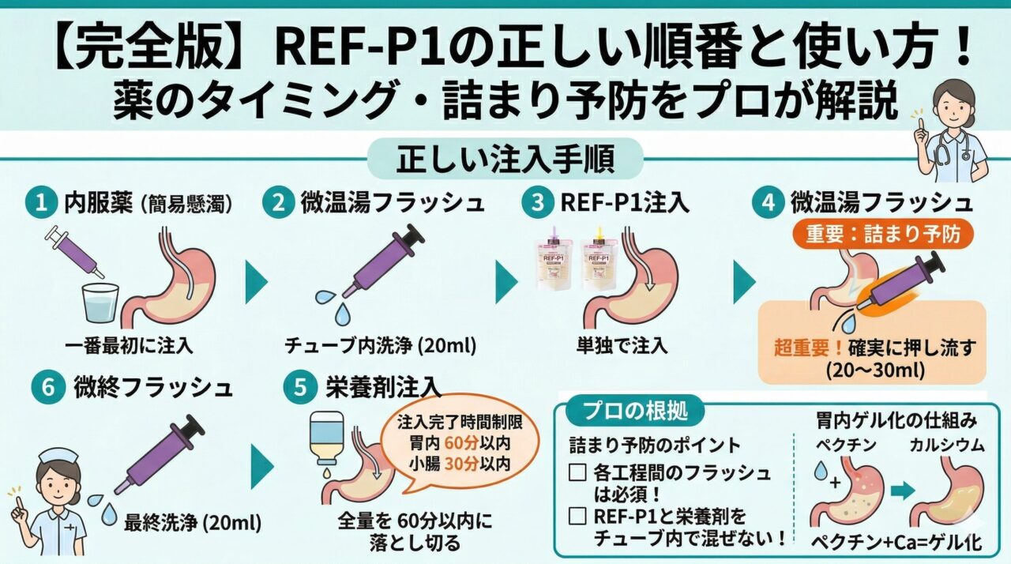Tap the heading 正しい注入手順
point(505,160)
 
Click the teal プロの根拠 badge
point(629,411)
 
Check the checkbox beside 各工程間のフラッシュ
point(577,474)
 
